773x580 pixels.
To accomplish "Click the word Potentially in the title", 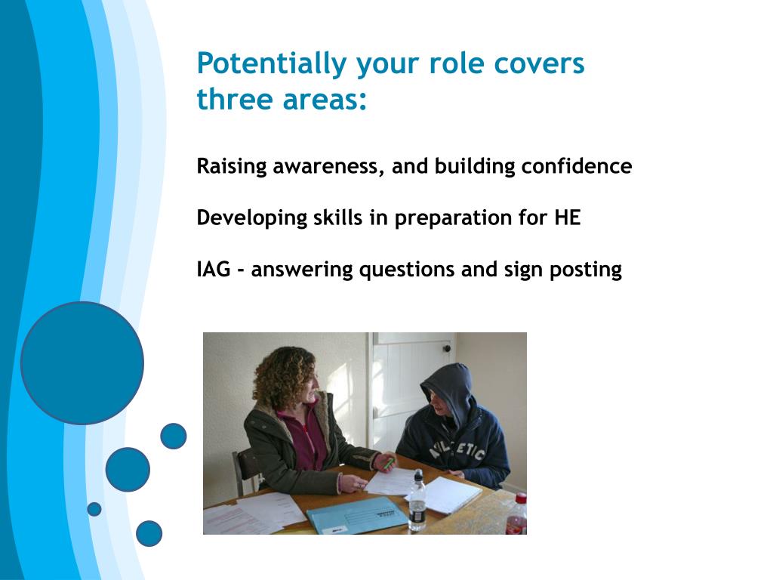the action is pos(272,64).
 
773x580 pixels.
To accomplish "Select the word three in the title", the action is pos(235,99).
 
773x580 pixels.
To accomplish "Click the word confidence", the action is pos(577,165).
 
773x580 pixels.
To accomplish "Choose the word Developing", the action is pos(252,218).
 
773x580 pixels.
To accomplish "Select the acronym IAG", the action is pos(214,270).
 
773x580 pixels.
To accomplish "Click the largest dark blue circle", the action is pos(82,363).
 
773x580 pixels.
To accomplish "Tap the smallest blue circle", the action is pos(94,509).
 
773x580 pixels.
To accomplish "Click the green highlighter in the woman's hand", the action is pos(389,464).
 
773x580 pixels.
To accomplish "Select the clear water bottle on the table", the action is pos(417,501).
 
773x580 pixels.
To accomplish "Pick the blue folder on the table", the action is pos(357,516).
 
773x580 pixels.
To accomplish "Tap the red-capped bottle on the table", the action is pos(516,514).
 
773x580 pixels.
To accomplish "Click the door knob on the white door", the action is pos(447,349).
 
